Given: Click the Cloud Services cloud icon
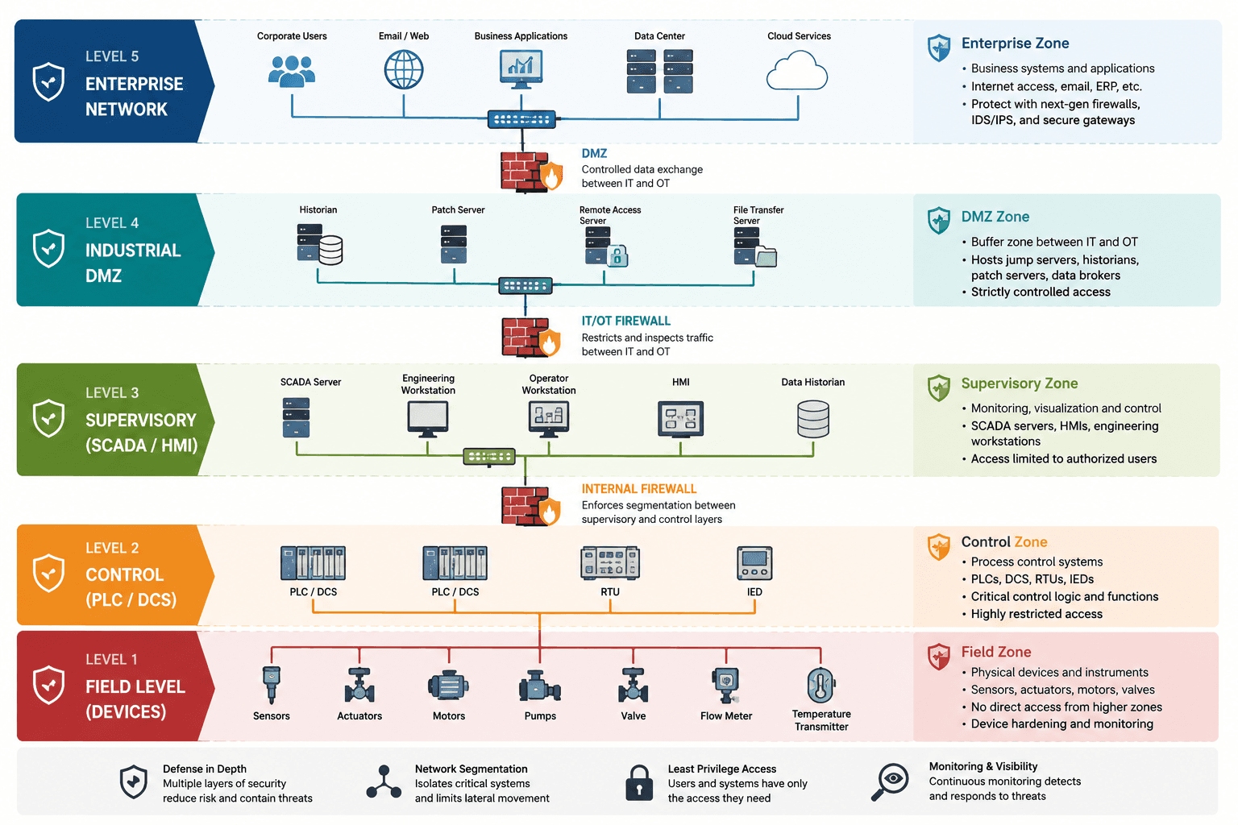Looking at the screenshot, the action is pyautogui.click(x=797, y=71).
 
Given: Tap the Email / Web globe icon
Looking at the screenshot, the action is pyautogui.click(x=404, y=69).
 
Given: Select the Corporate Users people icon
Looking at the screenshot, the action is pyautogui.click(x=292, y=71).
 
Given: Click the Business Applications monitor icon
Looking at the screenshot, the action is pyautogui.click(x=521, y=69).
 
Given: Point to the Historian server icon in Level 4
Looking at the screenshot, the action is pyautogui.click(x=319, y=244).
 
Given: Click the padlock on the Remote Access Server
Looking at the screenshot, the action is pyautogui.click(x=617, y=256).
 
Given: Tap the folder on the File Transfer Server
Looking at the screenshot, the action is pyautogui.click(x=766, y=257).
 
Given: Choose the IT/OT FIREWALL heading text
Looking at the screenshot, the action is pyautogui.click(x=625, y=321).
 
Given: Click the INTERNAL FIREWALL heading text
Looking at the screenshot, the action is pyautogui.click(x=639, y=489).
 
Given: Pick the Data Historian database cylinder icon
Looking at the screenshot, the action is pyautogui.click(x=813, y=420).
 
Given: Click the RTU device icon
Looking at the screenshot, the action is pyautogui.click(x=610, y=563).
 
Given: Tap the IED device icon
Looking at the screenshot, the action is pyautogui.click(x=754, y=563).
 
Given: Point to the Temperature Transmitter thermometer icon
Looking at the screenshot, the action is pyautogui.click(x=820, y=686).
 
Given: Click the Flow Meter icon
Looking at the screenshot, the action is pyautogui.click(x=725, y=685).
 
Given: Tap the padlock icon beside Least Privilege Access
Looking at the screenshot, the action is pyautogui.click(x=639, y=783).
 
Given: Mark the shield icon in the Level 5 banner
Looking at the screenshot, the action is pyautogui.click(x=48, y=81).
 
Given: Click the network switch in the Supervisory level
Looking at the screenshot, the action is pyautogui.click(x=489, y=457).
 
